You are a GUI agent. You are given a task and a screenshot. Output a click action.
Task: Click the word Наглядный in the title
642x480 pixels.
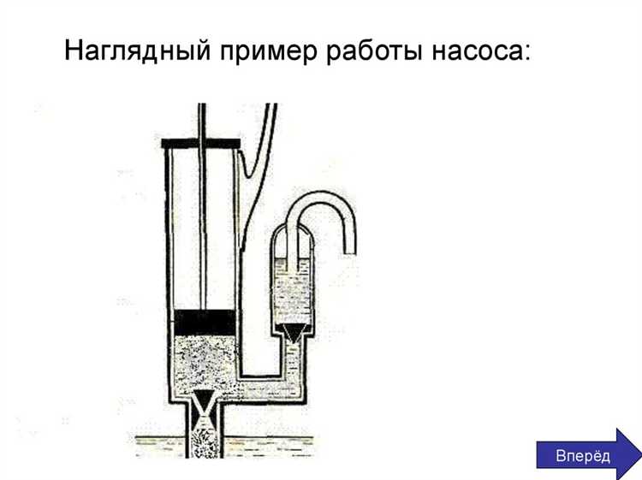coord(138,50)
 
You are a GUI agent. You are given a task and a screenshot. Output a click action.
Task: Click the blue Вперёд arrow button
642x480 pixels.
coord(589,454)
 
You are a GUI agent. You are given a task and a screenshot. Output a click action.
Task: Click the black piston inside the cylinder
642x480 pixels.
coord(205,323)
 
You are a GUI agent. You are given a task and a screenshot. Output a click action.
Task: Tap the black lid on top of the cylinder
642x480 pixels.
coord(200,143)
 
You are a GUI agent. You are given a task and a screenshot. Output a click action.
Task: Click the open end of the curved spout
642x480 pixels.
coord(349,253)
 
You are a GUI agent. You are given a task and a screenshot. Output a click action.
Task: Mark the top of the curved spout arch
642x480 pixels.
coord(321,197)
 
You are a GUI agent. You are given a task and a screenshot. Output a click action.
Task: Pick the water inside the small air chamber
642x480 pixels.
coord(293,291)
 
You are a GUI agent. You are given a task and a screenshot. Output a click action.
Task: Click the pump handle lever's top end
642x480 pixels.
coord(271,105)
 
